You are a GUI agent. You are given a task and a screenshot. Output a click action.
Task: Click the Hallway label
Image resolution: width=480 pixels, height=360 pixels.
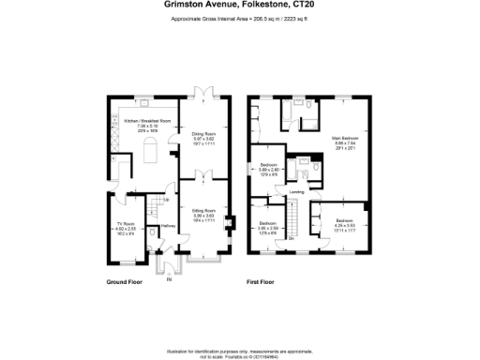[x=168, y=226]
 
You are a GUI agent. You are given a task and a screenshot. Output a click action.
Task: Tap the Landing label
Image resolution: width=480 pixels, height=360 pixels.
[x=295, y=191]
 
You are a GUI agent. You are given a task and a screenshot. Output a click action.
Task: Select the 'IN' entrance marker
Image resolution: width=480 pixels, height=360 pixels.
[x=170, y=278]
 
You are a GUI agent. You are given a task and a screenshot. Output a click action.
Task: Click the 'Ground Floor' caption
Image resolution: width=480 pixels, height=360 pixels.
[x=123, y=280]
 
